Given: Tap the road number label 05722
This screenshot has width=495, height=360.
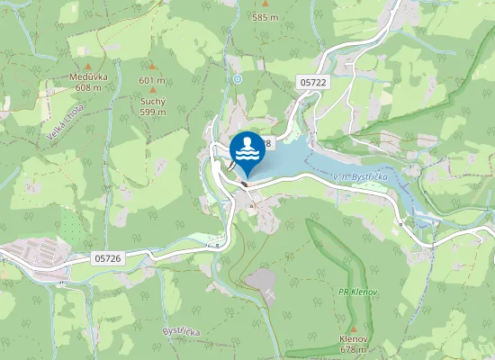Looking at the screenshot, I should (x=312, y=82).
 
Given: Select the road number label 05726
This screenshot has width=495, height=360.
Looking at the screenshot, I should (x=107, y=258).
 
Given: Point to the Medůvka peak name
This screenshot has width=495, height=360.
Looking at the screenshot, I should (x=88, y=76).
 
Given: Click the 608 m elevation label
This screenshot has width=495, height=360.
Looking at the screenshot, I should (x=88, y=87).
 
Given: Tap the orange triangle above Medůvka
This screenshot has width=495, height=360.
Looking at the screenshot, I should (x=88, y=66).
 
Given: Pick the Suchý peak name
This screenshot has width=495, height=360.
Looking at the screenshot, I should (x=152, y=101).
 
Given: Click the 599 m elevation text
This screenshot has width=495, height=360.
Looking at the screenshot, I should (x=152, y=112).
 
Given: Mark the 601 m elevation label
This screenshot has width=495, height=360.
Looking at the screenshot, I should (x=152, y=80).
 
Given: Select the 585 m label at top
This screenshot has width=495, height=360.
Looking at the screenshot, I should (x=265, y=17).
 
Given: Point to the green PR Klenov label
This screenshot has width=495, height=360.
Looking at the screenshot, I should (x=356, y=292).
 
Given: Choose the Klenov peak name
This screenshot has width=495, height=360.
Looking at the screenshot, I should (x=354, y=338).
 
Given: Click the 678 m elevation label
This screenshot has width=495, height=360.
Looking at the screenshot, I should (x=354, y=349).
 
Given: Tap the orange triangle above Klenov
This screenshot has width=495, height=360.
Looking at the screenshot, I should (x=354, y=328).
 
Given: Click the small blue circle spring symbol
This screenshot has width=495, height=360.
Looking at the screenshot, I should (x=238, y=79).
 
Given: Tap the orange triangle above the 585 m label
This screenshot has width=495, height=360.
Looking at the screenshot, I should (x=265, y=4).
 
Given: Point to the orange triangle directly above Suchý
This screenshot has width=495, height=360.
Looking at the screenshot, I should (x=152, y=90).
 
